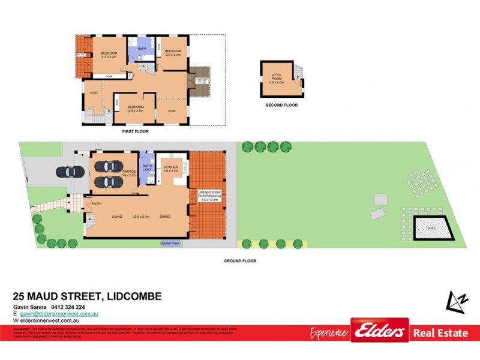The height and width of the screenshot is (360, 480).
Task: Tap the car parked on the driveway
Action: [70, 172]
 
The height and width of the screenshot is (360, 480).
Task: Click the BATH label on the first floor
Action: [142, 49]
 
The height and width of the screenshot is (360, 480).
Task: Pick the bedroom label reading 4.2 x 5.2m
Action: [109, 55]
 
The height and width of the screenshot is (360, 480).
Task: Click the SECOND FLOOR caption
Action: [281, 105]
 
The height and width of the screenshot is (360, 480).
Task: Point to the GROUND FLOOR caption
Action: [240, 261]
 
